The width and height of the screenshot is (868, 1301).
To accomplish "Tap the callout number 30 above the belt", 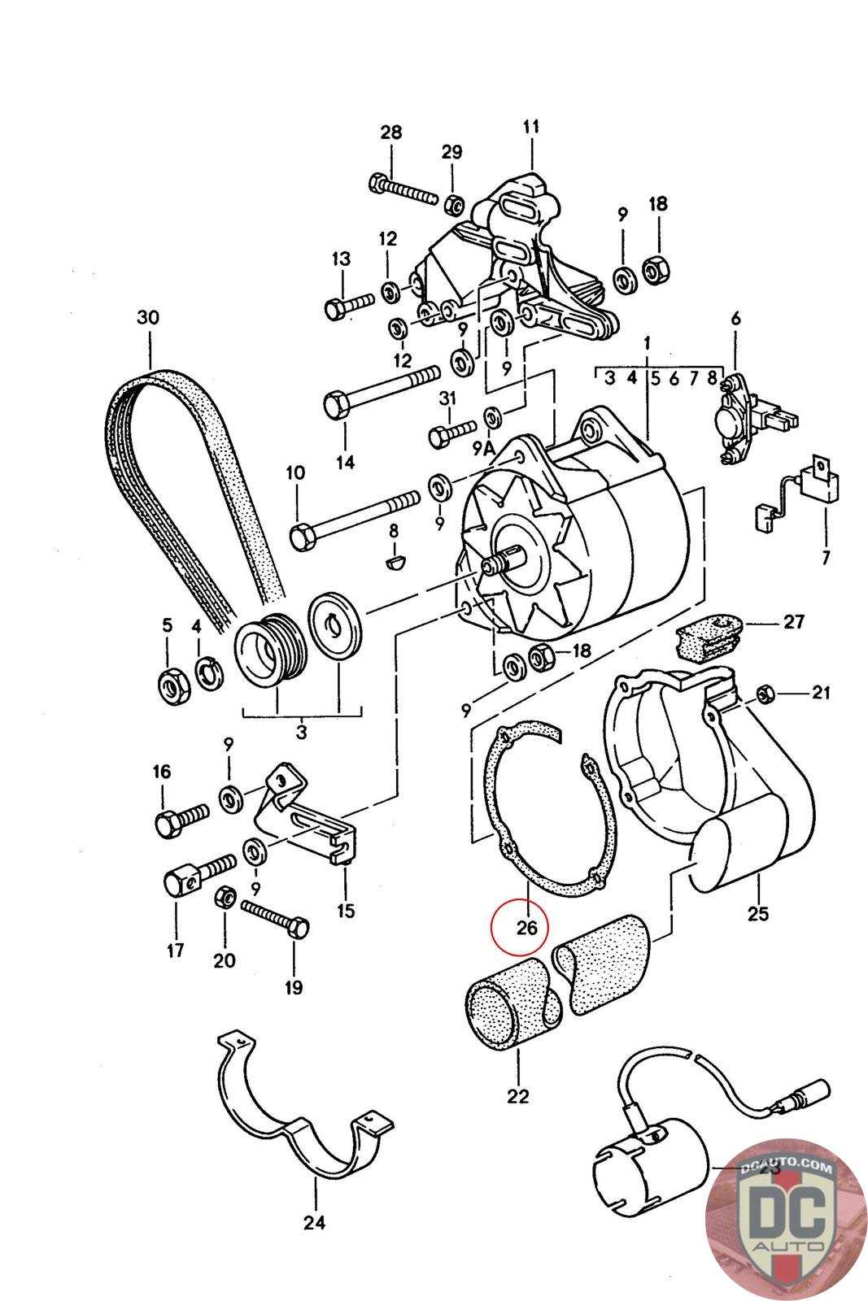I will point(148,318).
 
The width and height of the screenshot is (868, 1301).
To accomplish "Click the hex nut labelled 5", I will point(171,689).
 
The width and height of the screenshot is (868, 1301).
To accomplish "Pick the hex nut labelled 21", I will point(764,694).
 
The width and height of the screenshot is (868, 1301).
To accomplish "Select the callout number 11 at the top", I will point(530,128).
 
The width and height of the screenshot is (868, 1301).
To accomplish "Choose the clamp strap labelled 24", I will point(305,1122).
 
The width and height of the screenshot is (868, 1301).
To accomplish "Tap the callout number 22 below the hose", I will point(517,1096).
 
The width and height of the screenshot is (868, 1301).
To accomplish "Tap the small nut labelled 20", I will point(225,899).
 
